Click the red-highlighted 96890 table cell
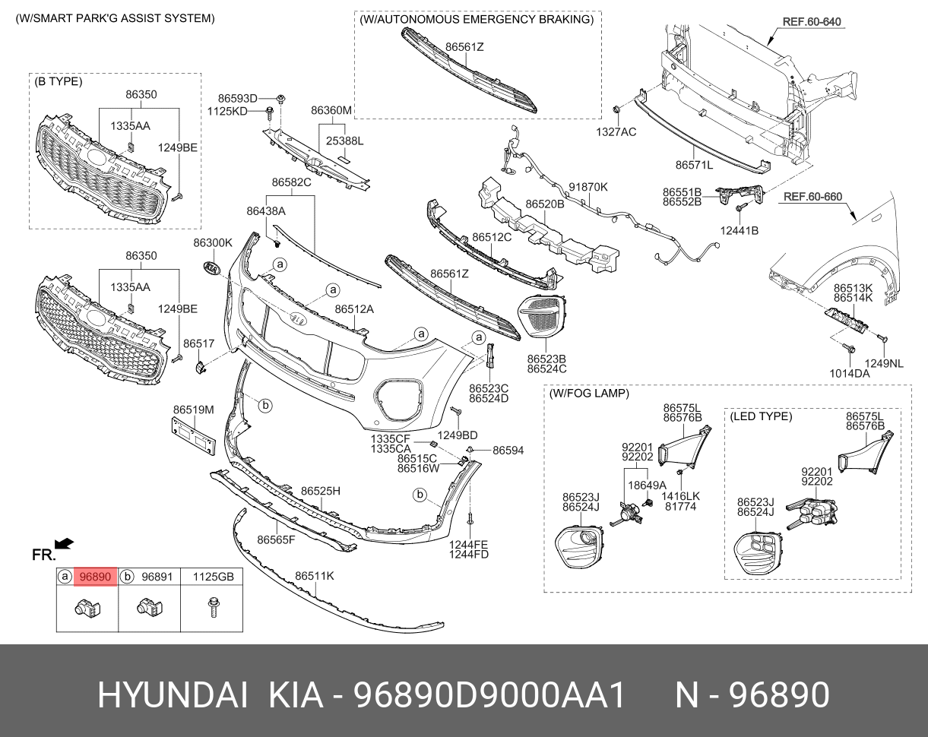(x=96, y=577)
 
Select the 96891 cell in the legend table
(x=157, y=577)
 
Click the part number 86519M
(x=193, y=410)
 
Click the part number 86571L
(x=694, y=164)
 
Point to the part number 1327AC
(x=616, y=131)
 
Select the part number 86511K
(x=315, y=576)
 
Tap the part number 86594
(x=508, y=451)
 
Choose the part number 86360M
(x=331, y=110)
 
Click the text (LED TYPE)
(x=761, y=416)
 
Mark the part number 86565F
(x=275, y=540)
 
